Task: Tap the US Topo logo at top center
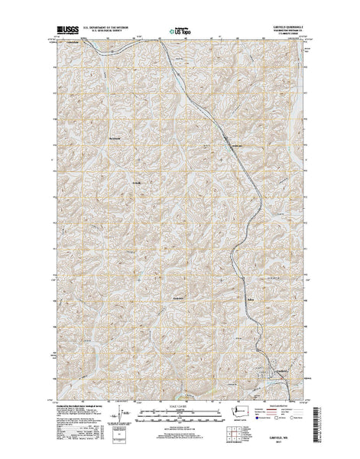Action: tap(181, 32)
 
